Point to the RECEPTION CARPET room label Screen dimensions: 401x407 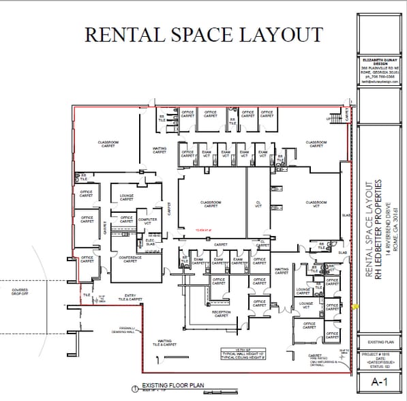click(x=222, y=314)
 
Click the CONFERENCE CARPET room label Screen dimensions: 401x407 click(x=130, y=259)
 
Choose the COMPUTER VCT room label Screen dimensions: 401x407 click(x=147, y=221)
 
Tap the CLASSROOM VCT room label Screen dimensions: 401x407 click(x=316, y=204)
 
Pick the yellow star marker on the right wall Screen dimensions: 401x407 click(x=354, y=308)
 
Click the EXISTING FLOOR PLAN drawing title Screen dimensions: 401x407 click(x=172, y=385)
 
